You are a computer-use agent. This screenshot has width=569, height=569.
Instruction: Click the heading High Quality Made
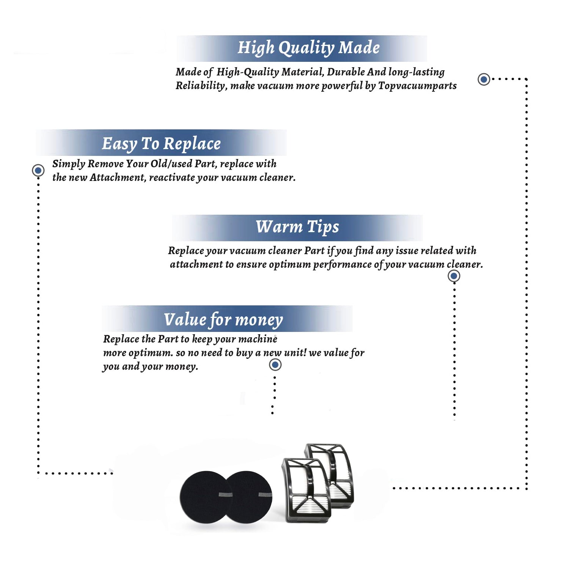(308, 48)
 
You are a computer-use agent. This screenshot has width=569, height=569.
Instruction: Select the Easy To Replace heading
(161, 144)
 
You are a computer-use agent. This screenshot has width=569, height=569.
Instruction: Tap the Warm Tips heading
(297, 227)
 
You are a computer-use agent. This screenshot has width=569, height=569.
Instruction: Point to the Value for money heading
(223, 320)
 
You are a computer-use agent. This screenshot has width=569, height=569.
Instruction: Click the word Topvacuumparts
(417, 86)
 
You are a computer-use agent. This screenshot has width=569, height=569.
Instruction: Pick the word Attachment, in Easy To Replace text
(118, 178)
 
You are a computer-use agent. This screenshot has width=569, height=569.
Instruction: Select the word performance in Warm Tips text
(342, 264)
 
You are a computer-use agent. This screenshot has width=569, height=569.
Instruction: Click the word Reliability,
(201, 86)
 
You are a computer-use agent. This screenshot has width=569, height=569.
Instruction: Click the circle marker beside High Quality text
(484, 79)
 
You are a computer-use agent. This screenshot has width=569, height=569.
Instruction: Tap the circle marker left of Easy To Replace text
(38, 170)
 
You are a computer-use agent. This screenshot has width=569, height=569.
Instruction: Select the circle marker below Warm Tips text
(454, 276)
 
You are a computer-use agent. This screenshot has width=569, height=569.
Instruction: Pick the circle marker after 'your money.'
(275, 365)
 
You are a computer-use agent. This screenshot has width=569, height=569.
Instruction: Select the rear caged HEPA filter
(334, 470)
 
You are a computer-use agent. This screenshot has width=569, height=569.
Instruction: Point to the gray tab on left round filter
(226, 495)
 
